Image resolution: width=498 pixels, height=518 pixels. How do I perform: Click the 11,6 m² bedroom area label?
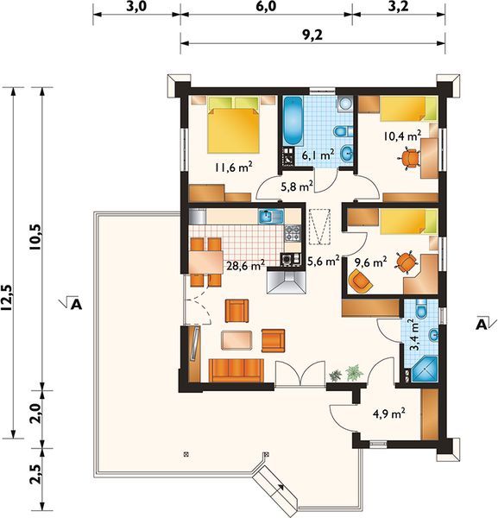tap(234, 167)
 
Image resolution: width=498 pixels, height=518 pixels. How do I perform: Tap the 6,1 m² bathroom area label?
tap(318, 155)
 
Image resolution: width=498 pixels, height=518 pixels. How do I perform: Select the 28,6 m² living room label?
tap(245, 265)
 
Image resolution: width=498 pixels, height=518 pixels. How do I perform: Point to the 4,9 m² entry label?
tap(389, 413)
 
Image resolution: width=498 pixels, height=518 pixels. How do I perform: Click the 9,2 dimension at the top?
tap(312, 35)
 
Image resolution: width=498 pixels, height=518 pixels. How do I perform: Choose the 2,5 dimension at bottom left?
tap(35, 474)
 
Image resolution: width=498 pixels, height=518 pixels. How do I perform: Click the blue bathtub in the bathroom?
tap(293, 120)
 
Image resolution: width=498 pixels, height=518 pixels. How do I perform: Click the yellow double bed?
tap(234, 124)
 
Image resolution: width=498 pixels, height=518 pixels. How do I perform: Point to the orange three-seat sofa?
tap(236, 370)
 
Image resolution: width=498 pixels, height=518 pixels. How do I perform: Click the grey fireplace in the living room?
tap(287, 281)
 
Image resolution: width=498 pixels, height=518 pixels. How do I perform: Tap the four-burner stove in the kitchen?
tap(293, 233)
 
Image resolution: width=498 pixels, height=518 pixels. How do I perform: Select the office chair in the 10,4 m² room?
tap(409, 158)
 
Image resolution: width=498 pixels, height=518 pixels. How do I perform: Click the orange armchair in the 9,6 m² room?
tap(361, 281)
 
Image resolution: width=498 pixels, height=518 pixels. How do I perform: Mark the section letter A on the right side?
tap(481, 324)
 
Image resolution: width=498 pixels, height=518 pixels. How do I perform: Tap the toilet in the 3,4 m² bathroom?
tap(422, 308)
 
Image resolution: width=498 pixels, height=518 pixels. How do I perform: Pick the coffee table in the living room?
tap(237, 340)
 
